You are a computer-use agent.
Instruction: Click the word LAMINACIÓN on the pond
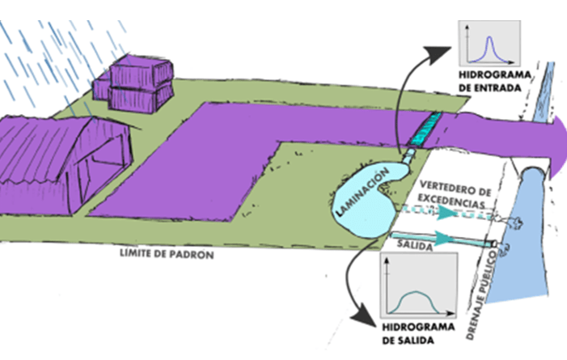coord(362,192)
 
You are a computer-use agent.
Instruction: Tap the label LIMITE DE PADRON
coord(167,254)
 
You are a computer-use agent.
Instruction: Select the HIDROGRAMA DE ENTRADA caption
coord(494,82)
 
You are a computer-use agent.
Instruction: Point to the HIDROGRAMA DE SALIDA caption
coord(418,333)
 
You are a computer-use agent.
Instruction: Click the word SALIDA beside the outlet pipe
coord(415,245)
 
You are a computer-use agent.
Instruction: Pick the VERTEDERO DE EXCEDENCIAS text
coord(455,195)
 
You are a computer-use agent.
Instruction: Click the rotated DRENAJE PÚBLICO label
coord(482,294)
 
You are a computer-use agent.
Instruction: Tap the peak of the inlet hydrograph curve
coord(489,37)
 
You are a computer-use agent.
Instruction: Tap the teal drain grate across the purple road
coord(424,129)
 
